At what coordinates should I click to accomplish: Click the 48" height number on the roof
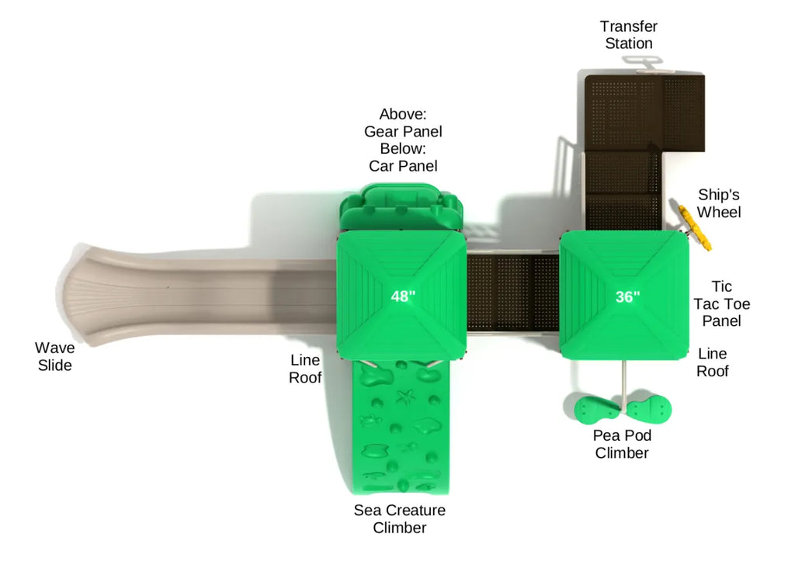(403, 296)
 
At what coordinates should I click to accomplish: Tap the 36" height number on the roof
(627, 296)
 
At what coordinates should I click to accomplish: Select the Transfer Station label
(629, 34)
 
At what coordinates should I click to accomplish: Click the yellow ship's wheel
(695, 227)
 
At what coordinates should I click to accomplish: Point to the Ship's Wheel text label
(719, 203)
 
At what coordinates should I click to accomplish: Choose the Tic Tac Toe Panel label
(721, 303)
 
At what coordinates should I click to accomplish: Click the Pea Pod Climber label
(622, 444)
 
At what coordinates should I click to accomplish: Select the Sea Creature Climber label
(400, 518)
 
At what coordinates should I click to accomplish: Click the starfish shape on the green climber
(405, 397)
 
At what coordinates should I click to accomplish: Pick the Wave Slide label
(55, 356)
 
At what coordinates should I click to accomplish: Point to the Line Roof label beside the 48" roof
(305, 369)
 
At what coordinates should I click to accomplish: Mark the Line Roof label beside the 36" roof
(713, 362)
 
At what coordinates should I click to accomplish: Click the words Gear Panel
(403, 131)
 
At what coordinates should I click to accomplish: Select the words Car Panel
(403, 166)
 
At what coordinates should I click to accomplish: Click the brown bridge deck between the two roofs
(512, 293)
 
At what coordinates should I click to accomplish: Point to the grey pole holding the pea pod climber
(623, 383)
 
